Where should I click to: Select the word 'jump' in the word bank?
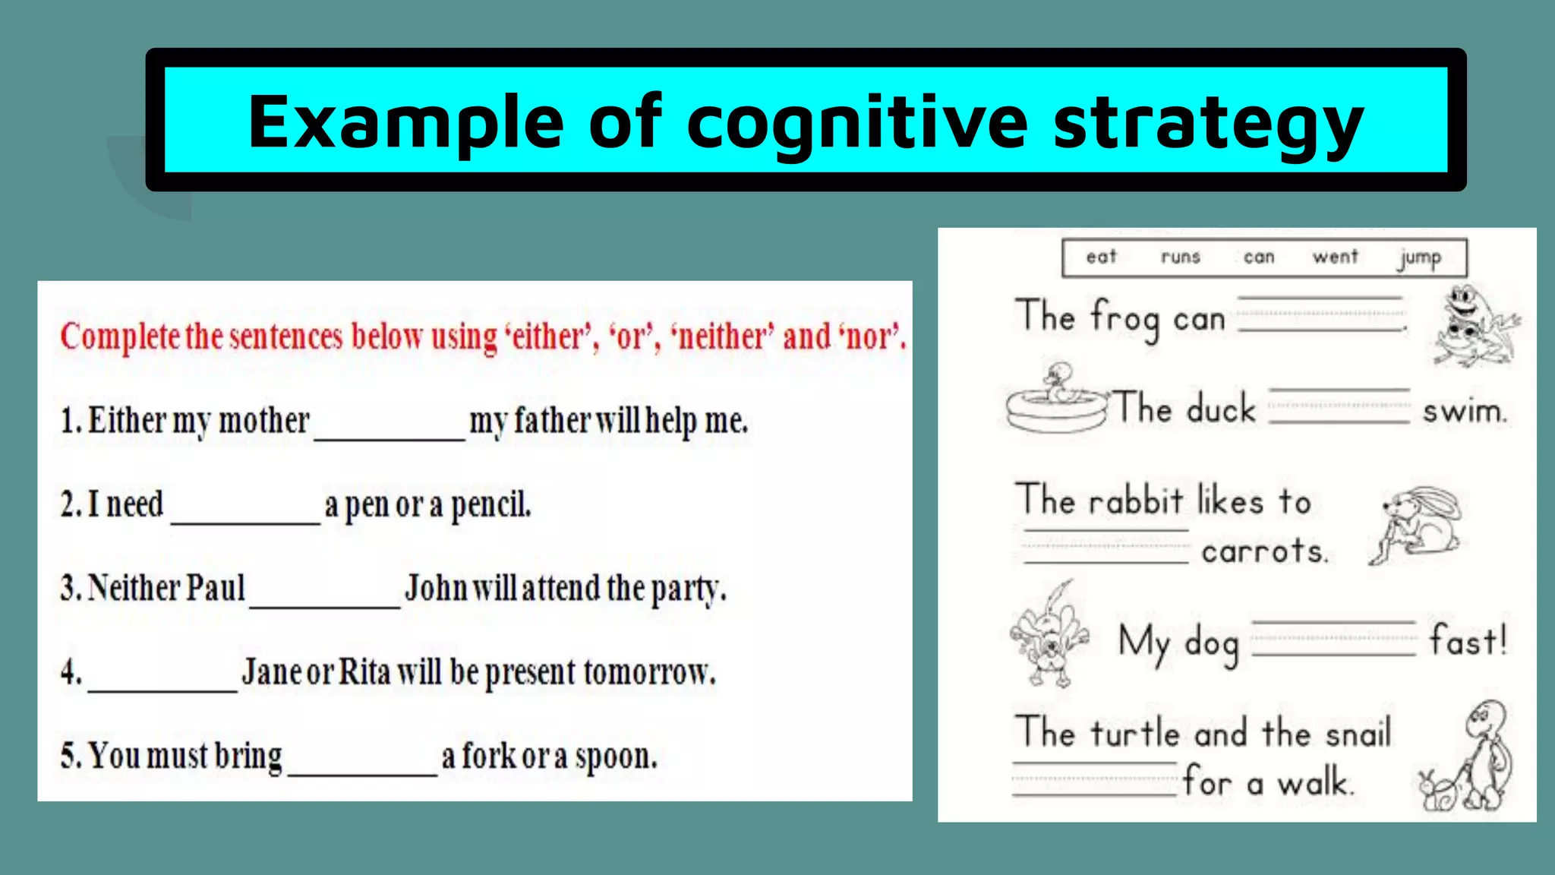[x=1419, y=258]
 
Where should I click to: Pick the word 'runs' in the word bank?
[x=1180, y=257]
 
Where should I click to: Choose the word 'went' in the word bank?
[x=1335, y=257]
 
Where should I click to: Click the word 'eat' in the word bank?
[x=1101, y=257]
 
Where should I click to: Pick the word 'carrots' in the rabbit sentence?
[x=1264, y=551]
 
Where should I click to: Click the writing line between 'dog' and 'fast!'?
[x=1333, y=639]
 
